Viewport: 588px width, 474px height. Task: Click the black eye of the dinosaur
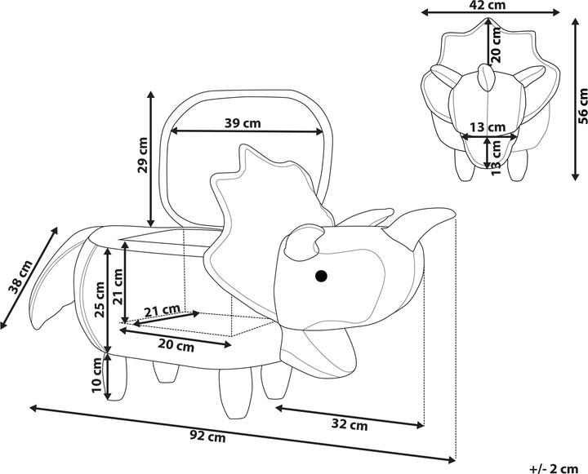click(x=322, y=276)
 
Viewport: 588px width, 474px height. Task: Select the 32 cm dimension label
click(x=351, y=424)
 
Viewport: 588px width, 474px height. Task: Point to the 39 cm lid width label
click(x=243, y=123)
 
